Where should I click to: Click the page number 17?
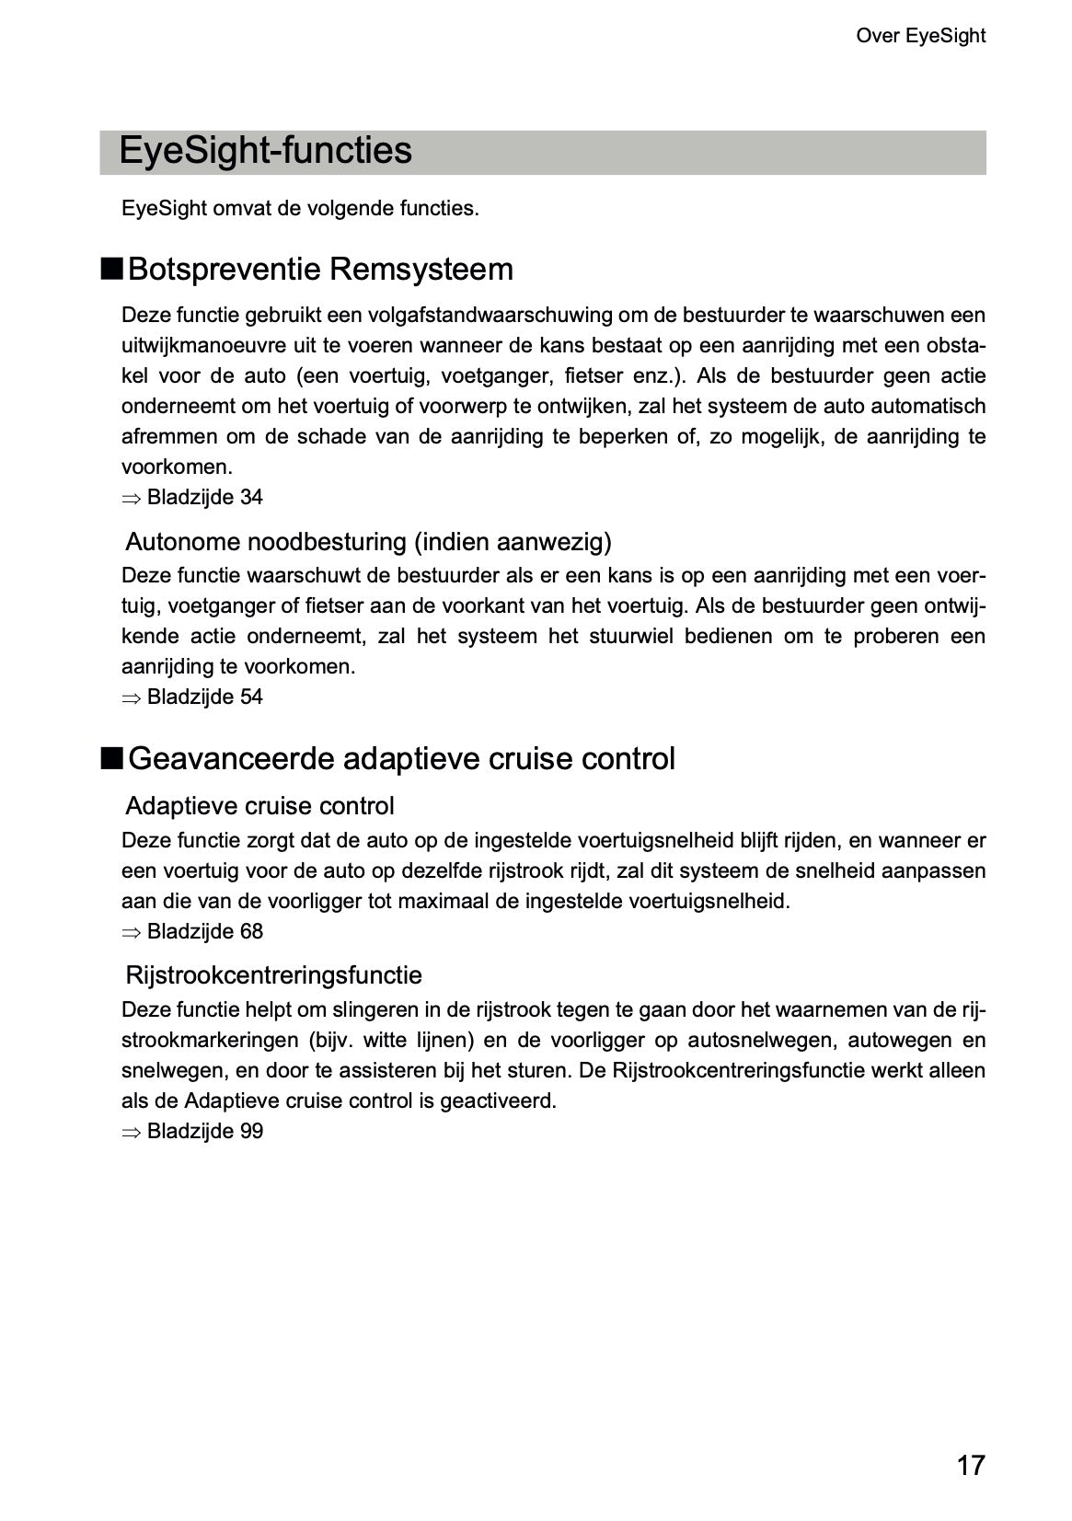[x=970, y=1464]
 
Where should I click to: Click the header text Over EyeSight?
[x=920, y=36]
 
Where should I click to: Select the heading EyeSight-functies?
[x=265, y=151]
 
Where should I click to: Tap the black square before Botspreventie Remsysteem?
[x=111, y=270]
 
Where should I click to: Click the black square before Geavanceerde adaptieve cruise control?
[x=111, y=759]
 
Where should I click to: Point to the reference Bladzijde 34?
[x=204, y=498]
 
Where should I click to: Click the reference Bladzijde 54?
[x=204, y=697]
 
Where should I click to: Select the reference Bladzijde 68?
[x=204, y=932]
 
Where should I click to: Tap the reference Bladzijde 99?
[x=204, y=1132]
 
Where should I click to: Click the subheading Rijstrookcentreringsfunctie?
[x=273, y=975]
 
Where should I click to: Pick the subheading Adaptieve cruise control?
[x=259, y=806]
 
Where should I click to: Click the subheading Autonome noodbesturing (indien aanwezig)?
[x=368, y=542]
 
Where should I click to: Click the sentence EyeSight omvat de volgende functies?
[x=300, y=209]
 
